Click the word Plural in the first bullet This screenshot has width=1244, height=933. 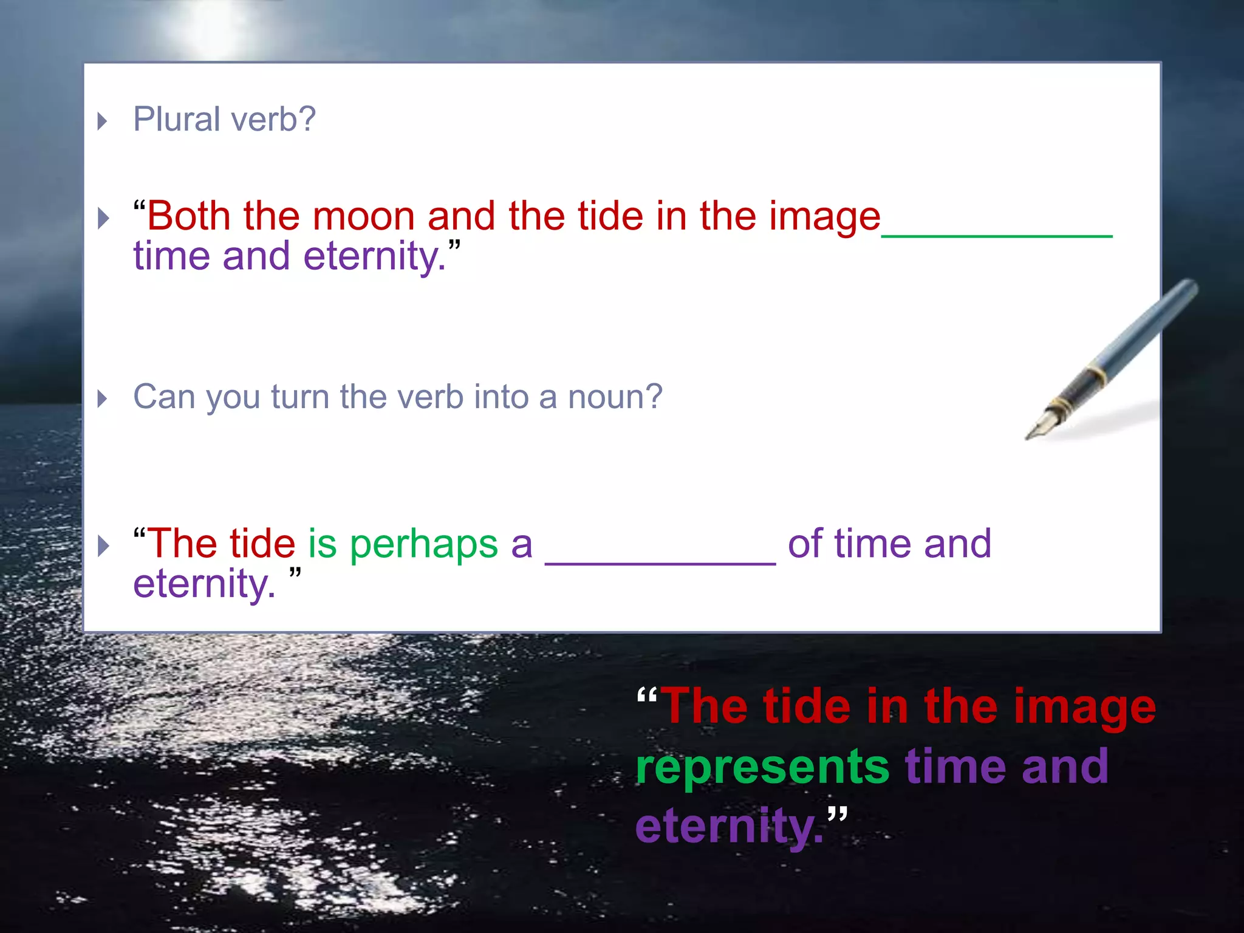[176, 119]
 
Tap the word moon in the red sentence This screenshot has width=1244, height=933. [363, 216]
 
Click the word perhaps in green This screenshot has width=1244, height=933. [424, 544]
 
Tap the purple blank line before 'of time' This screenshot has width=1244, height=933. [660, 564]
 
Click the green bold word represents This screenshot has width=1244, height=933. [763, 767]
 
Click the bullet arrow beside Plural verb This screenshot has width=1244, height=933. [103, 121]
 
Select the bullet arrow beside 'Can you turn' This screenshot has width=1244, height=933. [103, 399]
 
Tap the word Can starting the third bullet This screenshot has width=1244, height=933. [163, 397]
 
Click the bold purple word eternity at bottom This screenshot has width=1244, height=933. [729, 826]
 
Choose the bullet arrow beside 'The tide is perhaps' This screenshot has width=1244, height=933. [103, 545]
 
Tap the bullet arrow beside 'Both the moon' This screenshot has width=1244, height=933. [103, 218]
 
